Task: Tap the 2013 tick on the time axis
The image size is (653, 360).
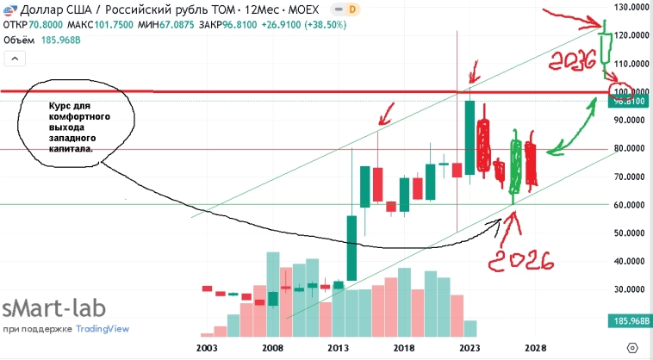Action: tap(338, 346)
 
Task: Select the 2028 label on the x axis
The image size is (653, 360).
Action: tap(534, 346)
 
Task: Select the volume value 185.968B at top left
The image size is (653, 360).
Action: tap(58, 40)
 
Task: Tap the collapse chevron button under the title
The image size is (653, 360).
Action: tap(15, 59)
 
